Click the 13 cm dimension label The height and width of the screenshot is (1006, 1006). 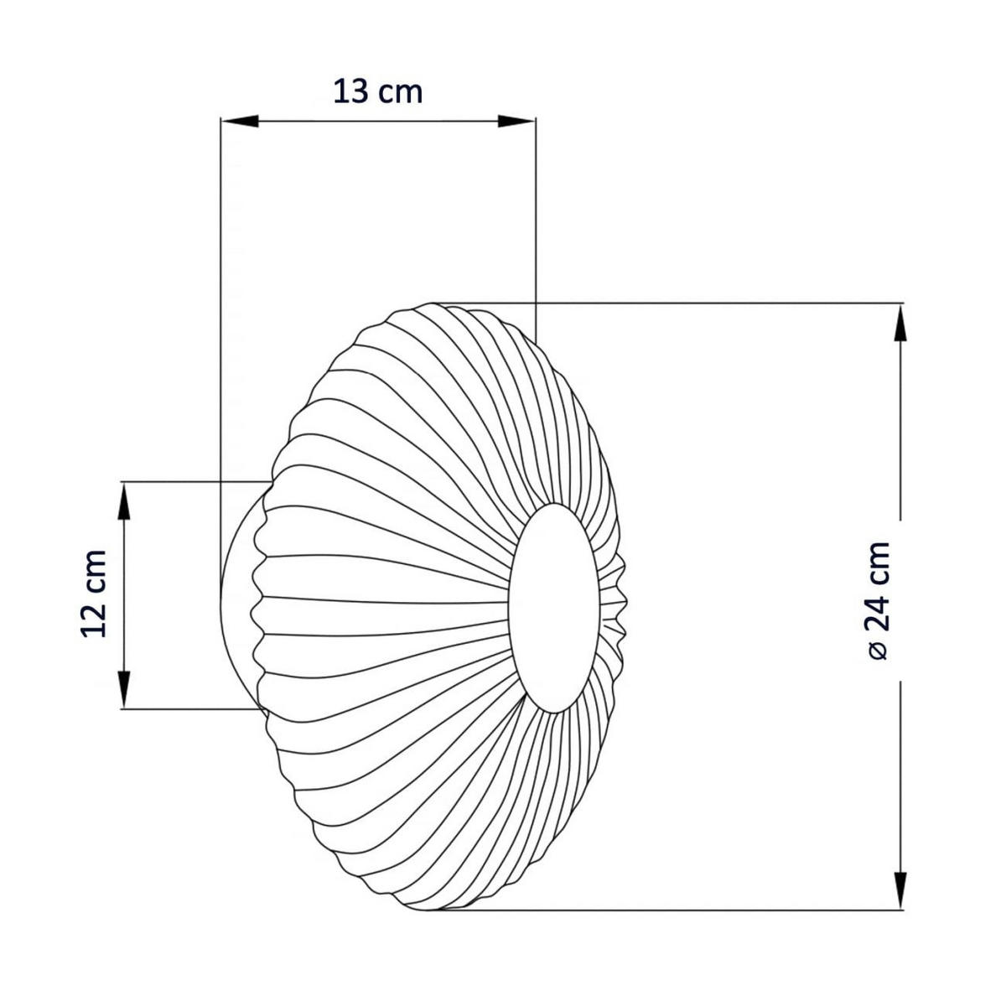click(377, 92)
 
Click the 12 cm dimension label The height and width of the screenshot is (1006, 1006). click(94, 593)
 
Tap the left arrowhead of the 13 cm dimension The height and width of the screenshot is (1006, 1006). click(240, 121)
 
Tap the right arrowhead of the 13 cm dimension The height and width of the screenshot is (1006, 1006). click(516, 121)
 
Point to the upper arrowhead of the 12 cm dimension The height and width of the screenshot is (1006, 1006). click(124, 500)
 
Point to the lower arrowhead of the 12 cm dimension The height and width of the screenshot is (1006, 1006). click(124, 690)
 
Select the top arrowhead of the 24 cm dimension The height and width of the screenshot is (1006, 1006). click(900, 323)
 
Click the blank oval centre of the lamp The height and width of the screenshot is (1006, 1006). click(553, 609)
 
